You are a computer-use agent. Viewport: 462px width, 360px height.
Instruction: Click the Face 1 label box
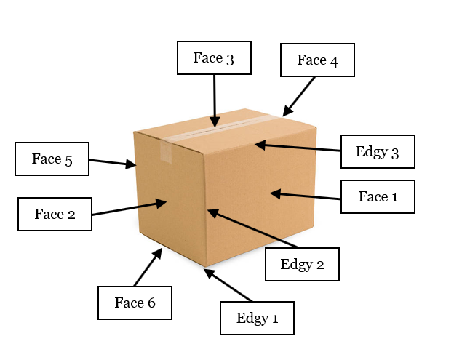(x=378, y=196)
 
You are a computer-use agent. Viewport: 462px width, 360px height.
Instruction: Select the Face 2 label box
(x=55, y=214)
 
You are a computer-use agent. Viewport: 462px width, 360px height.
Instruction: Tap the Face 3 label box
(x=214, y=57)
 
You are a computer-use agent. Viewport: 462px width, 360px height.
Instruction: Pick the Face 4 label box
(x=317, y=60)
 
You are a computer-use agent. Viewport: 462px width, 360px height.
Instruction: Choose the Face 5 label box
(x=52, y=159)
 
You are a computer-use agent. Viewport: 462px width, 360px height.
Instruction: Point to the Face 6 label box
(x=135, y=303)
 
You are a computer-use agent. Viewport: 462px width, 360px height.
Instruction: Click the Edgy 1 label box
(x=257, y=318)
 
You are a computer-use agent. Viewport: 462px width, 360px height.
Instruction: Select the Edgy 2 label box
(x=302, y=264)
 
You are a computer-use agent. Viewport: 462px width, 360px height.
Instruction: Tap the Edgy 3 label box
(x=378, y=152)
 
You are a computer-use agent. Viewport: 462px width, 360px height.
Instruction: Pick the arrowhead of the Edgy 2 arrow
(x=210, y=212)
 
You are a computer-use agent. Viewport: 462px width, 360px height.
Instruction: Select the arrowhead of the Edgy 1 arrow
(x=207, y=272)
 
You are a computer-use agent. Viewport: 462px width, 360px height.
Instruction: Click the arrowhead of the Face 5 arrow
(x=134, y=166)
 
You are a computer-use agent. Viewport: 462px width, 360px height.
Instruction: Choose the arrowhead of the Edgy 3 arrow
(x=258, y=145)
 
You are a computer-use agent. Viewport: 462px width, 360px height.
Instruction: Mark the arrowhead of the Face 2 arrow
(x=164, y=202)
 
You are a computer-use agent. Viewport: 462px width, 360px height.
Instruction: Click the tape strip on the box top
(x=218, y=129)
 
